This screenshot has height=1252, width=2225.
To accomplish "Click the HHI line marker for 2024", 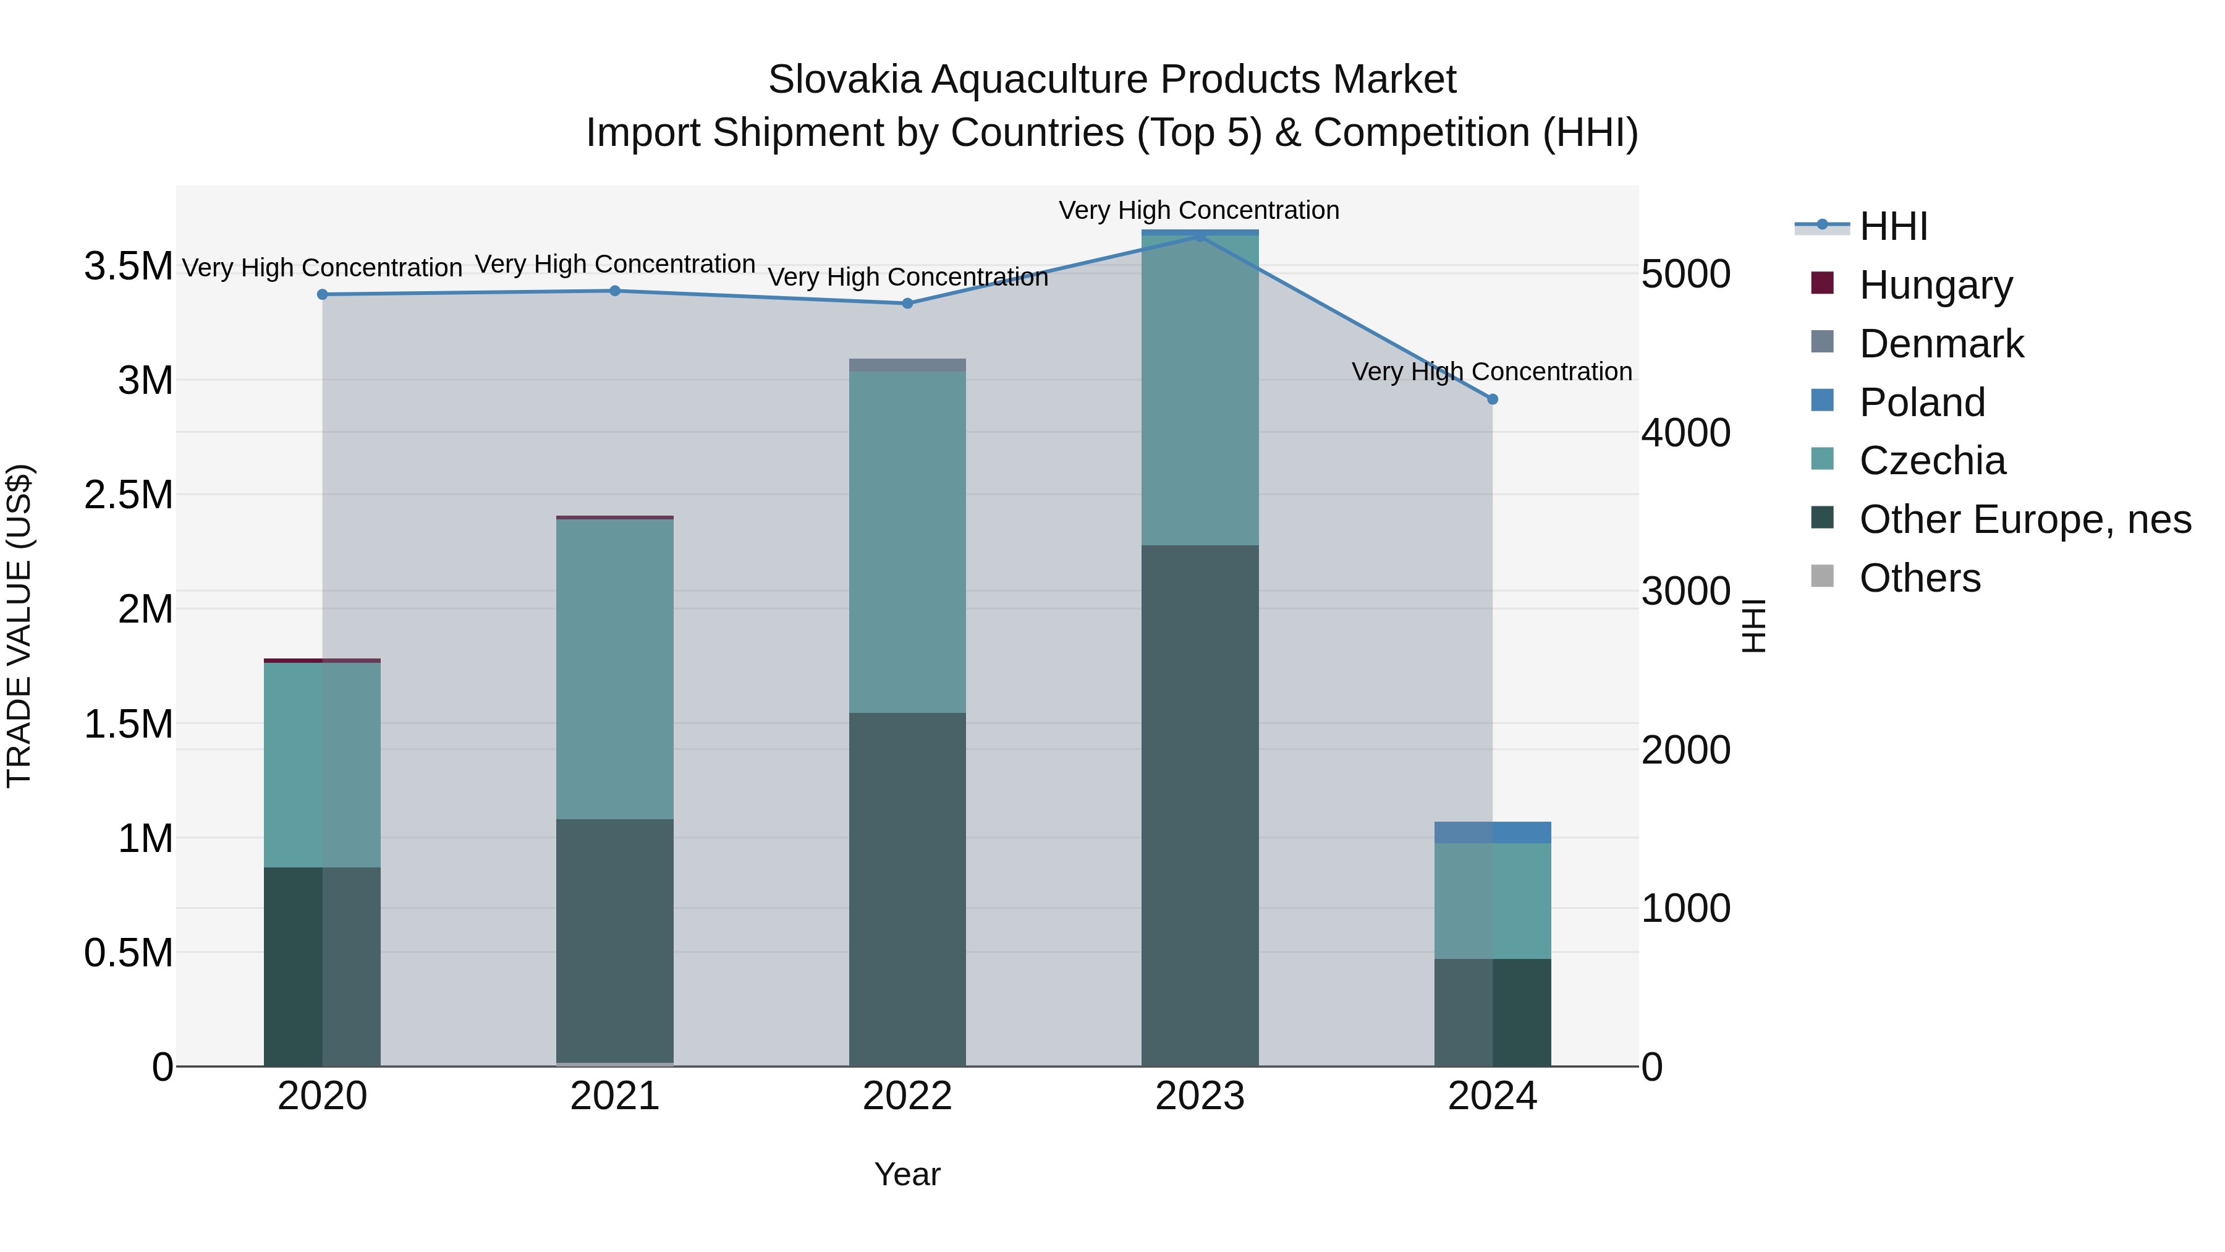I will click(x=1492, y=399).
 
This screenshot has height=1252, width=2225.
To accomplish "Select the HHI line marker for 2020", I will click(x=322, y=295).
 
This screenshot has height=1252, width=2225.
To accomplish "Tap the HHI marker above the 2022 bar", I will click(x=907, y=304).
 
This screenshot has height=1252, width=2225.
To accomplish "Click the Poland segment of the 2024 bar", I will click(x=1492, y=832).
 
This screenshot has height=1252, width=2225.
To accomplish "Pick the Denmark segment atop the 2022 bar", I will click(x=907, y=365).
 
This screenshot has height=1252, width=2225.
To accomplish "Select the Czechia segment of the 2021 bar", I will click(x=614, y=670).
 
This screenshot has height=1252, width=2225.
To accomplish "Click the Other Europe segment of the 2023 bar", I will click(x=1199, y=804).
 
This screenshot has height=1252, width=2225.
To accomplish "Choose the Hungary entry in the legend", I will click(x=1935, y=285).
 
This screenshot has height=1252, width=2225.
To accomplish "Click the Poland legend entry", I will click(x=1921, y=402).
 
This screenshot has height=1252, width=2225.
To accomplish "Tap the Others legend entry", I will click(x=1918, y=578).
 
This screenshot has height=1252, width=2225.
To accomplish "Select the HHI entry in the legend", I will click(x=1892, y=226).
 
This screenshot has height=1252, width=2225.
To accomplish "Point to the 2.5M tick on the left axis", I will click(x=128, y=495).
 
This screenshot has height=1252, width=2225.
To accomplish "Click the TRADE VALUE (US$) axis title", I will click(x=19, y=626).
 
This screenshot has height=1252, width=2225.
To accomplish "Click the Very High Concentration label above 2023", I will click(x=1199, y=210).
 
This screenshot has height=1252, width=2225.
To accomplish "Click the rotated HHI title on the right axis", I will click(x=1753, y=626).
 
